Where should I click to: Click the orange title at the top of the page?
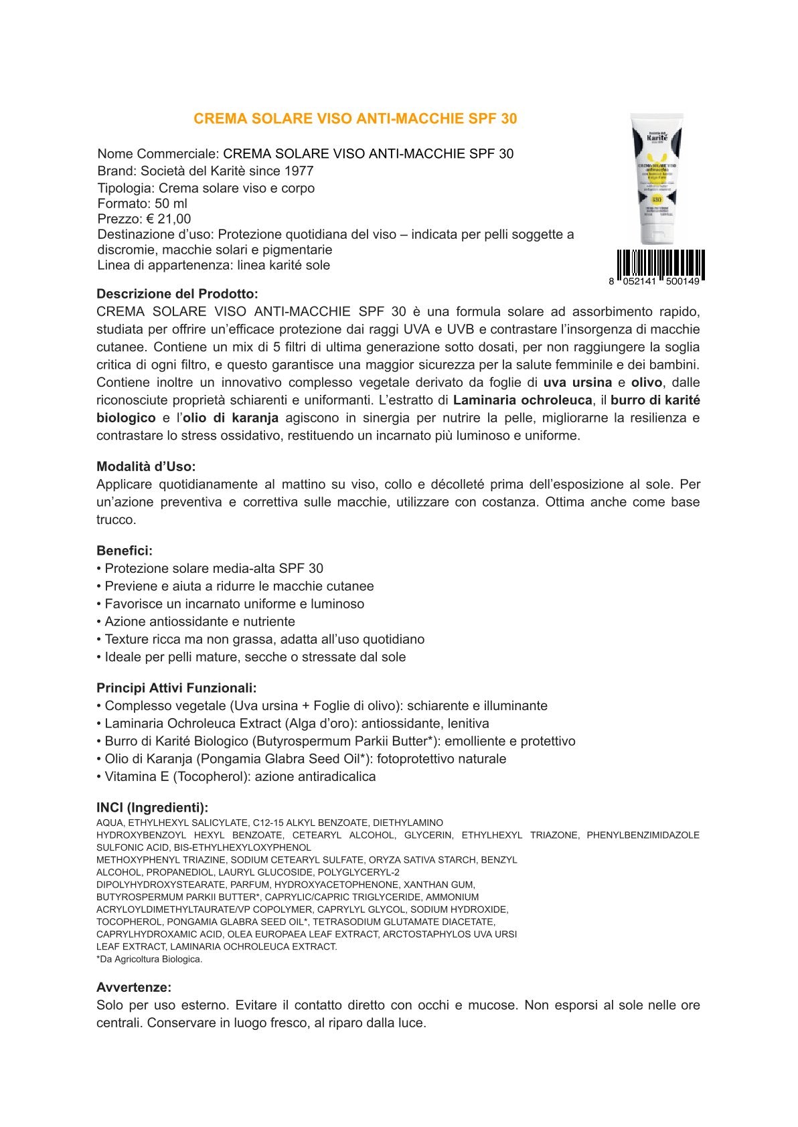click(355, 118)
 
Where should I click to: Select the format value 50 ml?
click(171, 203)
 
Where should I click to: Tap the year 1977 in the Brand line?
click(299, 171)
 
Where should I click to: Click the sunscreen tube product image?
click(657, 179)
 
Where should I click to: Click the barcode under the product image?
click(659, 266)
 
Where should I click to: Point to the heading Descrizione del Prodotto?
click(177, 294)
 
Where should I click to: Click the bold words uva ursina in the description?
click(577, 383)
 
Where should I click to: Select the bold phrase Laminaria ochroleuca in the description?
click(522, 400)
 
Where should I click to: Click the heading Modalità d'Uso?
click(146, 466)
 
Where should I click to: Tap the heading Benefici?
click(125, 551)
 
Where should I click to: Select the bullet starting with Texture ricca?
click(264, 639)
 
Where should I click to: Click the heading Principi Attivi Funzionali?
click(176, 688)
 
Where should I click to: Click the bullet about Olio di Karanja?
click(305, 759)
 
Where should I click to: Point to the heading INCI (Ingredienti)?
click(152, 808)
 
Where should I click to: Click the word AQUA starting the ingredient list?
click(109, 822)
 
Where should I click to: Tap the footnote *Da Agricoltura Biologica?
click(149, 959)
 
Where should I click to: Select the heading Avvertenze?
click(134, 987)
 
